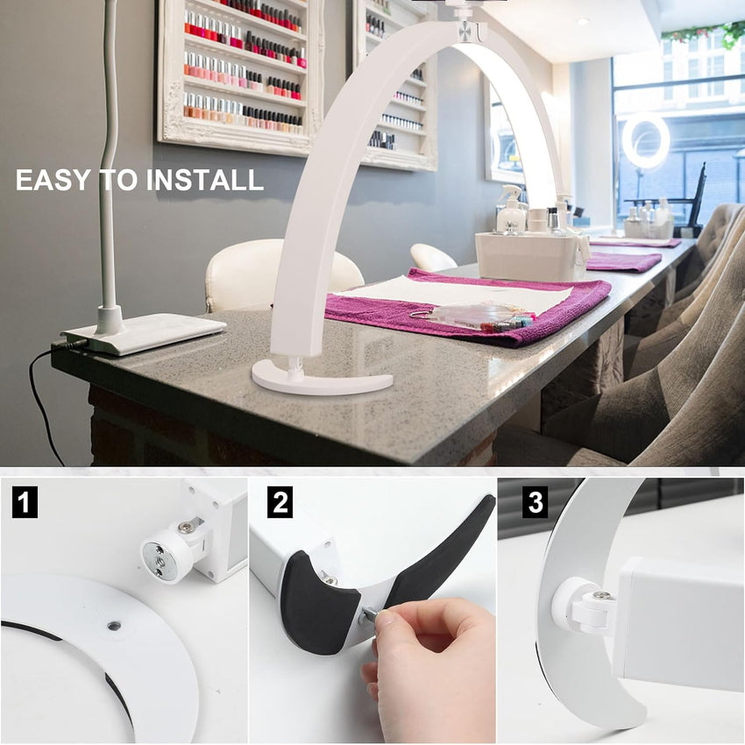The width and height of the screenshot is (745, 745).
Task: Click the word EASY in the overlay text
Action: coord(53,180)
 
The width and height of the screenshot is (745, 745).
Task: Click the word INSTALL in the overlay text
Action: coord(204,180)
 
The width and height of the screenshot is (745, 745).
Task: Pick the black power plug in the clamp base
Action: coord(71,343)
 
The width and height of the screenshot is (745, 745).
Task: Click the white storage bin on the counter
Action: coord(532,257)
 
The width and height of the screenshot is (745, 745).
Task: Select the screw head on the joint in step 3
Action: coord(601,595)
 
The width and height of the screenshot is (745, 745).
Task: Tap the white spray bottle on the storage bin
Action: coord(511,210)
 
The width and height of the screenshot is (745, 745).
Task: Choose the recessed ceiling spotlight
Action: coord(583,21)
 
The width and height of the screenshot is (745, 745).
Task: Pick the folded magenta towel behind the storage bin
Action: coord(623,261)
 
